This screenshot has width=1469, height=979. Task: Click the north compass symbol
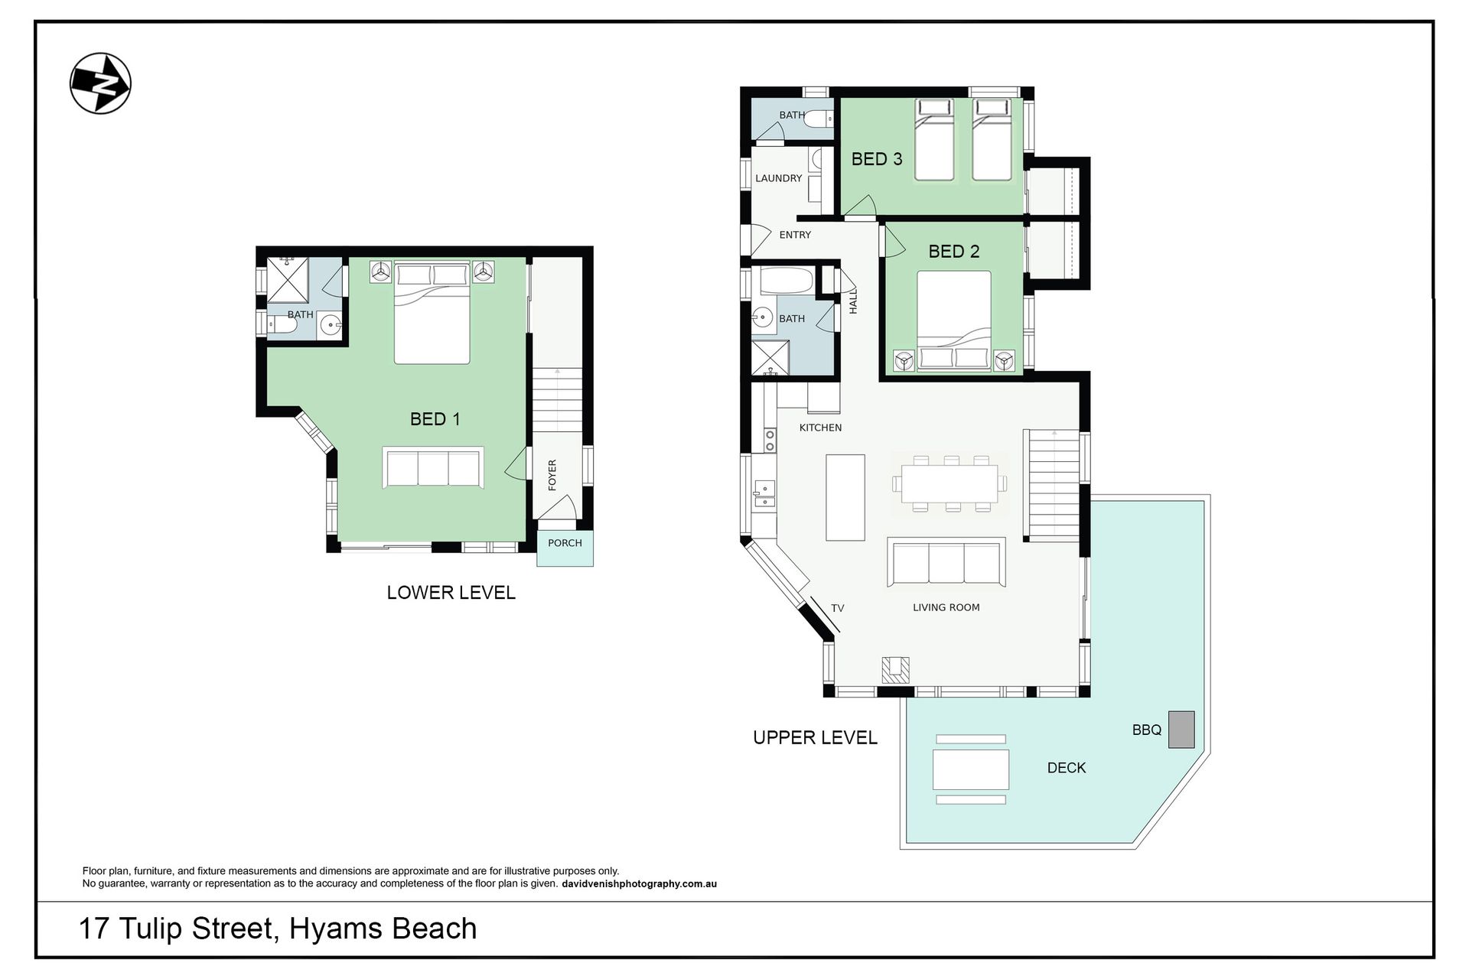(x=100, y=83)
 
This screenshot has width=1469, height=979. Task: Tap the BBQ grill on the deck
(x=1181, y=729)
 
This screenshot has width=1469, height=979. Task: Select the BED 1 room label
(x=435, y=418)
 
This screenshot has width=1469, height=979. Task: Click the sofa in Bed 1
(x=433, y=467)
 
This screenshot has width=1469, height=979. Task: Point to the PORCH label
(x=565, y=542)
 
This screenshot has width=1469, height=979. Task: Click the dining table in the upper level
(x=949, y=483)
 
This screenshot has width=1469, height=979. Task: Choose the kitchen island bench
(x=845, y=497)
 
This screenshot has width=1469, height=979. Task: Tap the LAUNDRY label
(x=778, y=178)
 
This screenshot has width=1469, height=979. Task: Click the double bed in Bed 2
(x=953, y=321)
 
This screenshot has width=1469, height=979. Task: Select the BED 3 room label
(x=877, y=159)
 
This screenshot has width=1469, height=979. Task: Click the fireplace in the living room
(x=895, y=669)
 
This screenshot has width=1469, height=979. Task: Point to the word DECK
(x=1067, y=768)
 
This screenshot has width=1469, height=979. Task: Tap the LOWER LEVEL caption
(x=451, y=592)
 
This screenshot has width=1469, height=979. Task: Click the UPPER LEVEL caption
(x=815, y=737)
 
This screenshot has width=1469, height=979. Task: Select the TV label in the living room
(x=837, y=608)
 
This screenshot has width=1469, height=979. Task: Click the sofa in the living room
(x=946, y=562)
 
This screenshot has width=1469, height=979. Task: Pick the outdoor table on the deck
(x=970, y=769)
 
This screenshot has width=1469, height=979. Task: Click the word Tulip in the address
(x=151, y=929)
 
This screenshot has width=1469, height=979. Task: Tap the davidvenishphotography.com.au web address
(x=639, y=884)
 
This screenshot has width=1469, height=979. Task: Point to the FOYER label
(x=552, y=475)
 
